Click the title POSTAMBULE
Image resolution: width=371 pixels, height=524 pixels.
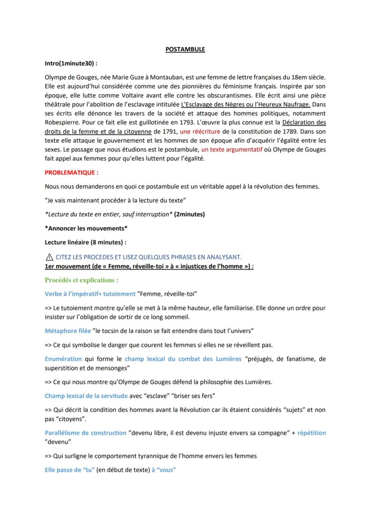(x=185, y=49)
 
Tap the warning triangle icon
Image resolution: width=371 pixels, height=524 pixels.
(x=49, y=257)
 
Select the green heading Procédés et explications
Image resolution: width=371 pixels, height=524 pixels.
(x=82, y=280)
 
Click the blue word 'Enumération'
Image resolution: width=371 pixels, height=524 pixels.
(x=63, y=359)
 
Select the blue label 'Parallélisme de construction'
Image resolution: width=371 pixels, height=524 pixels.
(x=86, y=433)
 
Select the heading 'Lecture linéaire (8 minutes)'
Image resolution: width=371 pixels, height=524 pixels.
(x=86, y=242)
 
